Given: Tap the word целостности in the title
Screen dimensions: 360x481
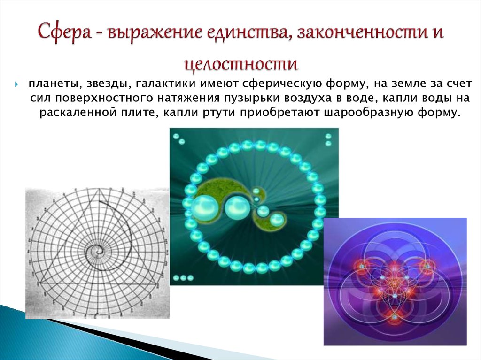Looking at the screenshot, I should [240, 62].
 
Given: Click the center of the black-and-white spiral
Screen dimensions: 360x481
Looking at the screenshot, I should [98, 252].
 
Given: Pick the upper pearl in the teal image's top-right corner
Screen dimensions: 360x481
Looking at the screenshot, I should [328, 137].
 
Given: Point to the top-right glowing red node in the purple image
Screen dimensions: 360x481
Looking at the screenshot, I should [427, 266].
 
